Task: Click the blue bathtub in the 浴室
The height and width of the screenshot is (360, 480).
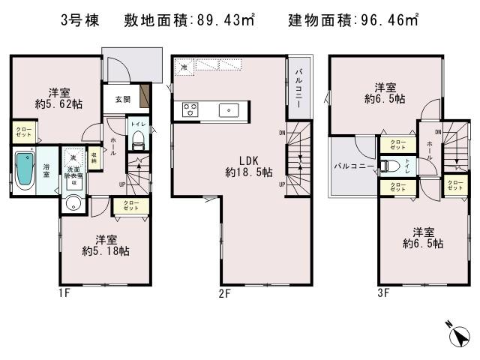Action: (x=25, y=171)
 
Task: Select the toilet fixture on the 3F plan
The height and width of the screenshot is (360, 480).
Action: (x=388, y=166)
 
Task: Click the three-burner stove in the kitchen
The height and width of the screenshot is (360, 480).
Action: (x=188, y=110)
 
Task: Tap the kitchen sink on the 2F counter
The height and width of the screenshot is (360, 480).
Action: (x=228, y=110)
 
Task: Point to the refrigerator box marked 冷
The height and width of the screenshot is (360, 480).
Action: (x=184, y=68)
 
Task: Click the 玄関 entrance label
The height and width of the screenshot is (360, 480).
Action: (x=124, y=98)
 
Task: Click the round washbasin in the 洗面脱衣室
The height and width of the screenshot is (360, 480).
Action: (x=73, y=203)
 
